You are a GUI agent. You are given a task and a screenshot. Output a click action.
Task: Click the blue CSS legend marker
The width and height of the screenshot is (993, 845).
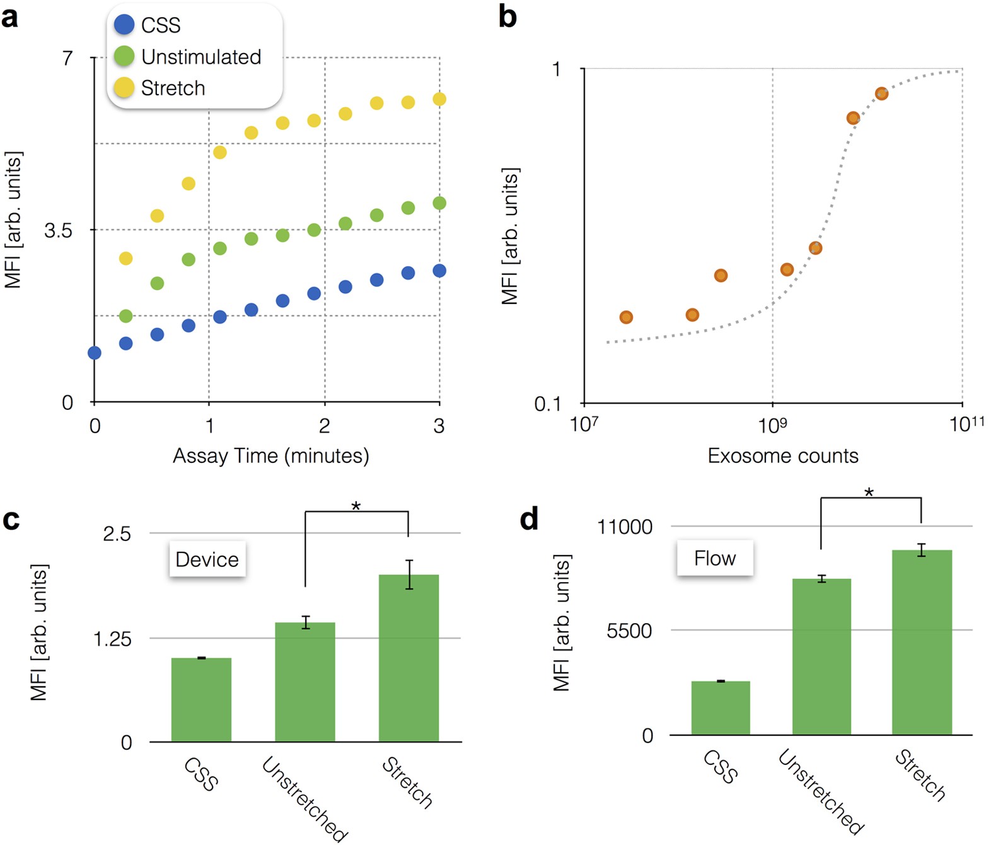pos(124,25)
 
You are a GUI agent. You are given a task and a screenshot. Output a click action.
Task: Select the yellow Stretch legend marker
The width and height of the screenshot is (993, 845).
pos(124,88)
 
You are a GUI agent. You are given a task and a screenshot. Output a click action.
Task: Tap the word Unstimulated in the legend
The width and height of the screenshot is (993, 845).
pos(201,57)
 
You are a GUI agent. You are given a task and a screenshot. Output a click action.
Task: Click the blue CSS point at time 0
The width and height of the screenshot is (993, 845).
pos(95,353)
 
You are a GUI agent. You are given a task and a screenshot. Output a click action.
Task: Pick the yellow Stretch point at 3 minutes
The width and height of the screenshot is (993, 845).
pos(439,99)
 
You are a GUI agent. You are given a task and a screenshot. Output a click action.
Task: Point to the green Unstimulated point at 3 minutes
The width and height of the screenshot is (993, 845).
pos(439,203)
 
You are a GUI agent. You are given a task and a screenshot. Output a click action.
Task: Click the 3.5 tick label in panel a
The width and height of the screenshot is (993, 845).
pos(58,230)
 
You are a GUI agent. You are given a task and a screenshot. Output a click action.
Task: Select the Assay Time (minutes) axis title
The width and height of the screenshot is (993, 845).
pos(271,455)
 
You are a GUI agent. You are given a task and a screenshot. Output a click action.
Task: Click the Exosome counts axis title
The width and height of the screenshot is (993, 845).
pos(782,455)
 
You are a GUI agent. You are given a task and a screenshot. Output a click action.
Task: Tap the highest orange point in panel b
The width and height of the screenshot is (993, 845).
pos(881,94)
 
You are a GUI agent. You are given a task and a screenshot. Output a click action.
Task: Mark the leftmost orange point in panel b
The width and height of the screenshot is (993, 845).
pos(626,317)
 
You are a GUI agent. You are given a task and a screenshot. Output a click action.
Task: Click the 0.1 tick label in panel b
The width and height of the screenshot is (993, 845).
pos(547,404)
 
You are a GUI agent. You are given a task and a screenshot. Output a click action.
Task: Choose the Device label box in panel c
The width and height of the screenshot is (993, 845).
pos(207,559)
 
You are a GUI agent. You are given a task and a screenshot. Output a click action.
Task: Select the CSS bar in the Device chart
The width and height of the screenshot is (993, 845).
pos(201,699)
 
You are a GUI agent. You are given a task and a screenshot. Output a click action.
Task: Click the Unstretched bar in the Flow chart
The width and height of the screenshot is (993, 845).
pos(822,656)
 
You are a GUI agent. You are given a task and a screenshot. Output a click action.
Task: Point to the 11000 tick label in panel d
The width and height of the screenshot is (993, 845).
pos(625,527)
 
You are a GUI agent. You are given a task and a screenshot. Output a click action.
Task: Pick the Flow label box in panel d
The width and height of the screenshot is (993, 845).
pos(715,558)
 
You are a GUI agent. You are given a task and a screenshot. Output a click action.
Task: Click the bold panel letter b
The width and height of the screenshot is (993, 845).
pos(508,17)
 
